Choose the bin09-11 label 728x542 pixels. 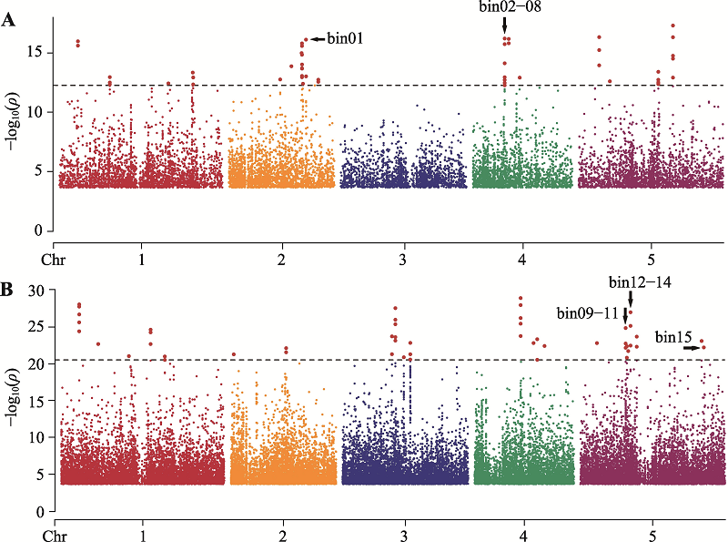click(588, 313)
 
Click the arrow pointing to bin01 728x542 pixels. click(318, 39)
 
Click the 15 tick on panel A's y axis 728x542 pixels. click(36, 53)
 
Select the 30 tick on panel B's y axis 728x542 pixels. click(36, 290)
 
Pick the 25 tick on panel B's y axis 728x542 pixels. click(36, 326)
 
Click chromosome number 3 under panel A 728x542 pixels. click(403, 261)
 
